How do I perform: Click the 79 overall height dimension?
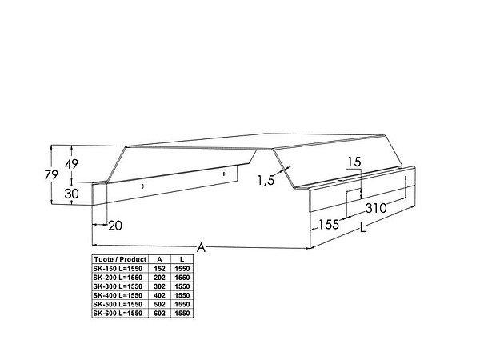[x=51, y=175]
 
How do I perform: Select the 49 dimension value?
[x=71, y=164]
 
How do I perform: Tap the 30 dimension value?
[x=71, y=194]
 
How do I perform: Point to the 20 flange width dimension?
[x=115, y=226]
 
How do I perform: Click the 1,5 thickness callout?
[x=266, y=180]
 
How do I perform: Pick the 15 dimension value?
[x=354, y=162]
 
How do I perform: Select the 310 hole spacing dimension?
[x=376, y=208]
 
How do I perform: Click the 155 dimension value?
[x=329, y=225]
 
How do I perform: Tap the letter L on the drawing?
[x=362, y=228]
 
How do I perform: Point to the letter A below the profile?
[x=201, y=247]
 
